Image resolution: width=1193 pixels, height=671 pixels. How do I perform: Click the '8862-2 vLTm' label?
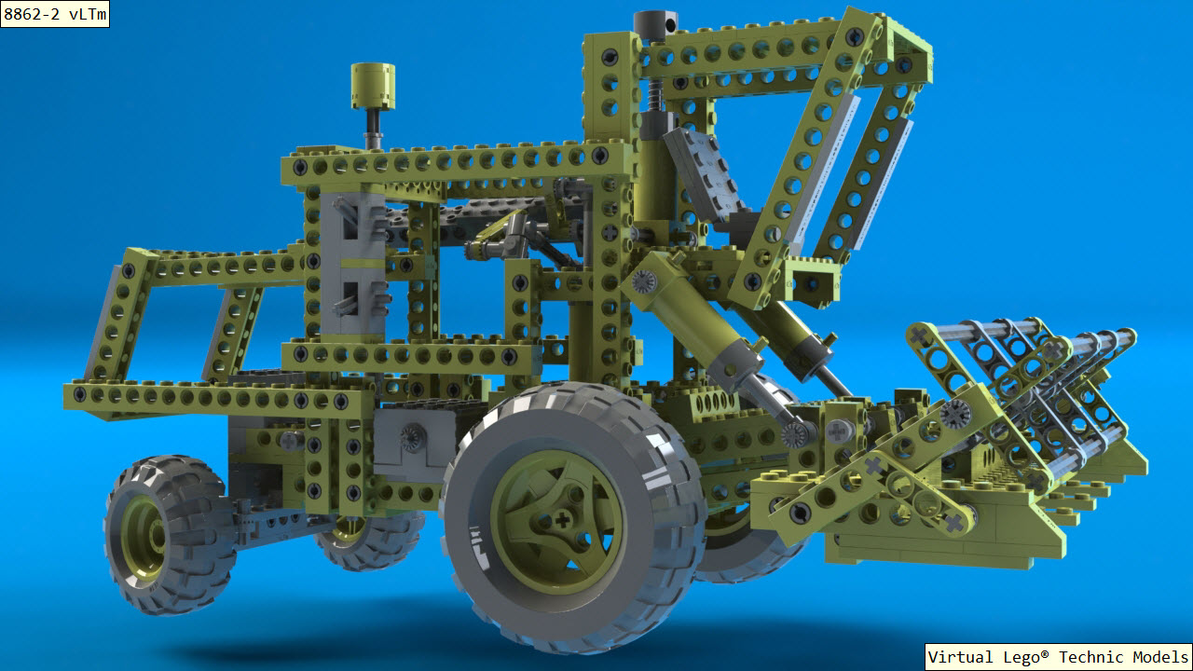click(55, 14)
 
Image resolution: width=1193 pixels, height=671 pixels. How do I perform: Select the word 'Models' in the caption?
click(1161, 657)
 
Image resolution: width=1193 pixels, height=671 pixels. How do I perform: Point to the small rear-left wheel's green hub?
click(144, 537)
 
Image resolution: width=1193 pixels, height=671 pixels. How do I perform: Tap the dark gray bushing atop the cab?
click(655, 25)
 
